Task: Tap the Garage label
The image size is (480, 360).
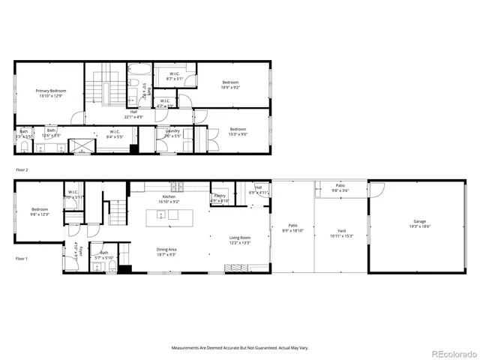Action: click(x=421, y=224)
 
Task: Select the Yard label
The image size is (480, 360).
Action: click(x=341, y=234)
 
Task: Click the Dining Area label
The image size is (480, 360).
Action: click(x=166, y=252)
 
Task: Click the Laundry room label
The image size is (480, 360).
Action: click(x=172, y=133)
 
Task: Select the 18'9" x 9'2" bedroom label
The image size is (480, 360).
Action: click(x=229, y=85)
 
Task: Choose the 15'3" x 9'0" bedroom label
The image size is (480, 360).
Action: click(x=237, y=131)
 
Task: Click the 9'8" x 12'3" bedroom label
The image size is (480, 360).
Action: click(x=40, y=212)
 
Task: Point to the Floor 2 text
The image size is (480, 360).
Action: click(x=22, y=170)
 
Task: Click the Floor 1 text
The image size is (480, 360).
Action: click(x=22, y=258)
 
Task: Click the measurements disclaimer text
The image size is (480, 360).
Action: click(x=240, y=348)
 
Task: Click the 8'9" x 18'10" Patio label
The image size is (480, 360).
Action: click(x=292, y=227)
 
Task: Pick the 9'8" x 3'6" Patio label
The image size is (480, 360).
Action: click(x=340, y=187)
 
